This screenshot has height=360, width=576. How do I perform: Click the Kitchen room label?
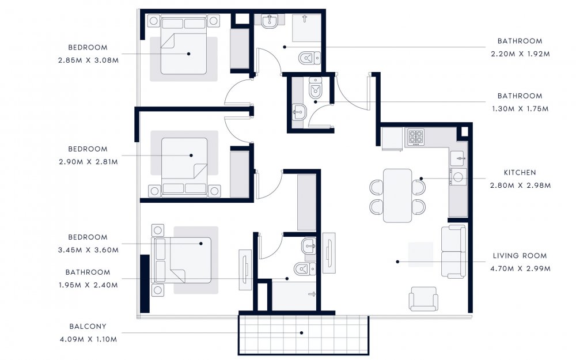click(x=520, y=173)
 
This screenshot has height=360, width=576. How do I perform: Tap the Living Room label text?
click(x=520, y=256)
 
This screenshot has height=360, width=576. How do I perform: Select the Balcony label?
click(x=88, y=326)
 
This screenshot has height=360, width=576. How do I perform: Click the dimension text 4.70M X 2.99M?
click(x=520, y=268)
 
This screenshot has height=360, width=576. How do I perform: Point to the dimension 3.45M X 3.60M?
click(x=88, y=250)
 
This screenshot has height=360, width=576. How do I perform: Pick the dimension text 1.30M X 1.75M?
click(x=520, y=109)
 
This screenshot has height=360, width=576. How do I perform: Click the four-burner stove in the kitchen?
click(x=416, y=137)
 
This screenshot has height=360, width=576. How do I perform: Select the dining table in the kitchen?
click(x=397, y=196)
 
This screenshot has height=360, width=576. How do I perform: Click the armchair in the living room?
click(x=423, y=298)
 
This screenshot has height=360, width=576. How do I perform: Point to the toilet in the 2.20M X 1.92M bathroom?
click(x=309, y=58)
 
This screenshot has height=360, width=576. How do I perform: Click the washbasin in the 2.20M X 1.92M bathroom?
click(x=270, y=21)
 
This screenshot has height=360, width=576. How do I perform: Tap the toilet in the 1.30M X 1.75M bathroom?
click(x=316, y=89)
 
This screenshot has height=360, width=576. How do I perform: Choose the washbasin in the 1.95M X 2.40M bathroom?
click(x=309, y=246)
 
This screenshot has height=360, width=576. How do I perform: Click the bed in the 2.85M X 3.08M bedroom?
click(x=184, y=44)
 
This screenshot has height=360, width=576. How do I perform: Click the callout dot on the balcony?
click(x=302, y=333)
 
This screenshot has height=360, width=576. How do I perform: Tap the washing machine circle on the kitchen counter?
click(x=458, y=177)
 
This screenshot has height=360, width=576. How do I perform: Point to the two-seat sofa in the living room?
click(x=454, y=252)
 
